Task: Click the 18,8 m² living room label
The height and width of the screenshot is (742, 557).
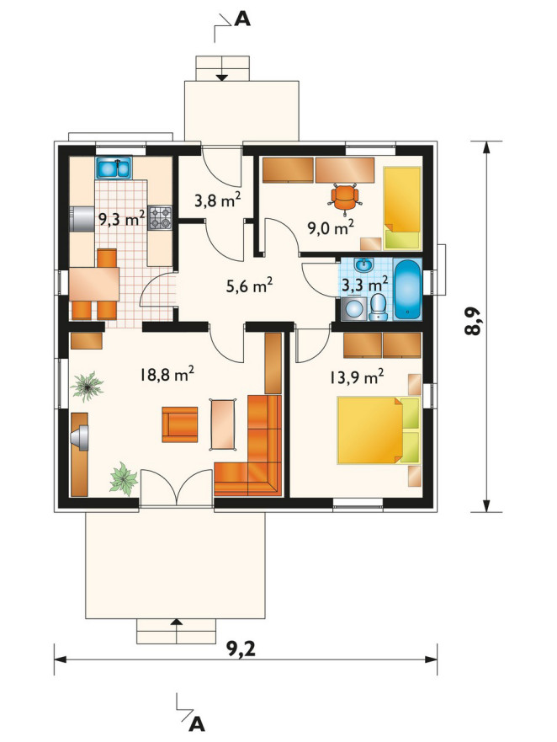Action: click(167, 374)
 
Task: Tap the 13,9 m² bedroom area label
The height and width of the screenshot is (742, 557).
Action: click(356, 377)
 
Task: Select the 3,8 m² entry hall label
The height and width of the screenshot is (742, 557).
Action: click(218, 200)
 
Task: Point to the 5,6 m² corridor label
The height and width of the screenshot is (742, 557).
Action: click(249, 286)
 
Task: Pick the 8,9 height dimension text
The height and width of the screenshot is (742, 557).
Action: click(473, 322)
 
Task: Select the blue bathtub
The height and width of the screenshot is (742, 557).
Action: click(407, 289)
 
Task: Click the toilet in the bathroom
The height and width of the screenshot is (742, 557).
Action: click(378, 307)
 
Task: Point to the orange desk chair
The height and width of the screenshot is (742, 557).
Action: click(345, 196)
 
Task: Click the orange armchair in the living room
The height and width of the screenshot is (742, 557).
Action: click(180, 424)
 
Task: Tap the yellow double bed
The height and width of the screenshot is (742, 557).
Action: click(379, 430)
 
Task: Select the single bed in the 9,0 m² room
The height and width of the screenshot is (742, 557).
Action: click(401, 208)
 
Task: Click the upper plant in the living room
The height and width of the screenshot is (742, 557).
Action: click(87, 386)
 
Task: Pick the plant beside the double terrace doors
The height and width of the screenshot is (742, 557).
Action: click(124, 479)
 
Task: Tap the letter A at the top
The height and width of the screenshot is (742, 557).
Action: click(242, 19)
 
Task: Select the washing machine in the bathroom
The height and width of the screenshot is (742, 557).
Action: click(353, 308)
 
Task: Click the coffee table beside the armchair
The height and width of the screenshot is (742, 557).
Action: click(223, 424)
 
